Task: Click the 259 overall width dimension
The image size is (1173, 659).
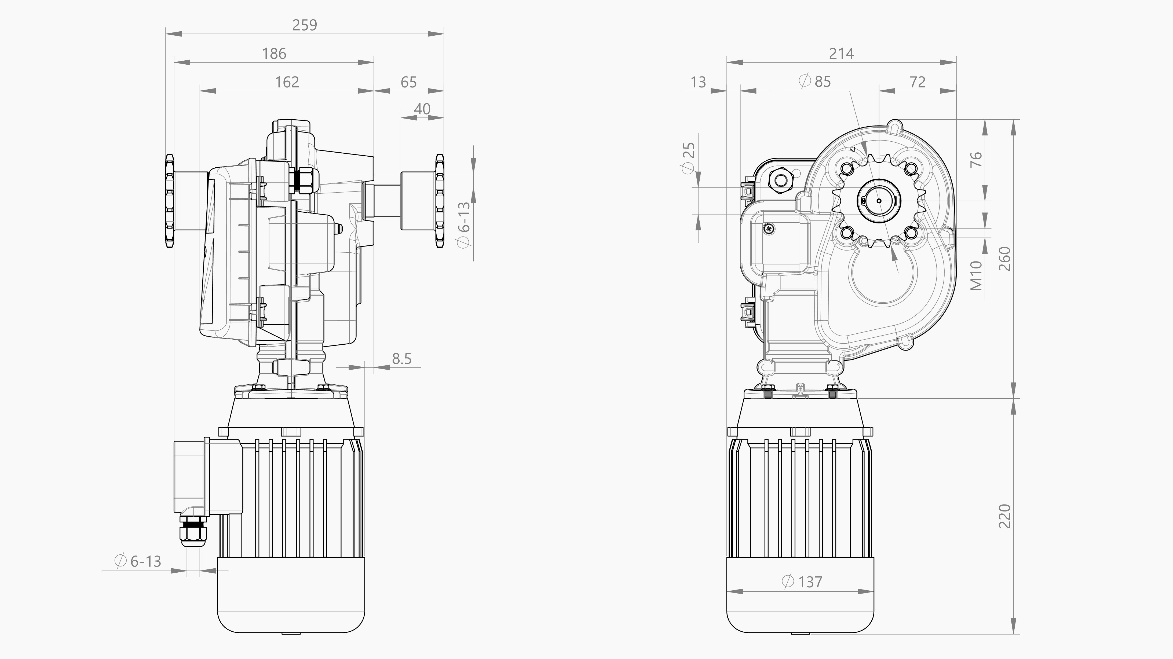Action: (x=304, y=25)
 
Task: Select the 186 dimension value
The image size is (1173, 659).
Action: (x=274, y=54)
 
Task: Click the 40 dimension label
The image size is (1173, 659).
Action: (x=422, y=109)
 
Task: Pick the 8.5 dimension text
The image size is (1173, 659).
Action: (x=402, y=359)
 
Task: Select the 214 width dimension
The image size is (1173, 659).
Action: (x=841, y=54)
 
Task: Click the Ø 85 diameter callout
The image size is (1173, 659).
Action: (x=815, y=82)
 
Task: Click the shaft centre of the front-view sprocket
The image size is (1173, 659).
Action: (x=879, y=201)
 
